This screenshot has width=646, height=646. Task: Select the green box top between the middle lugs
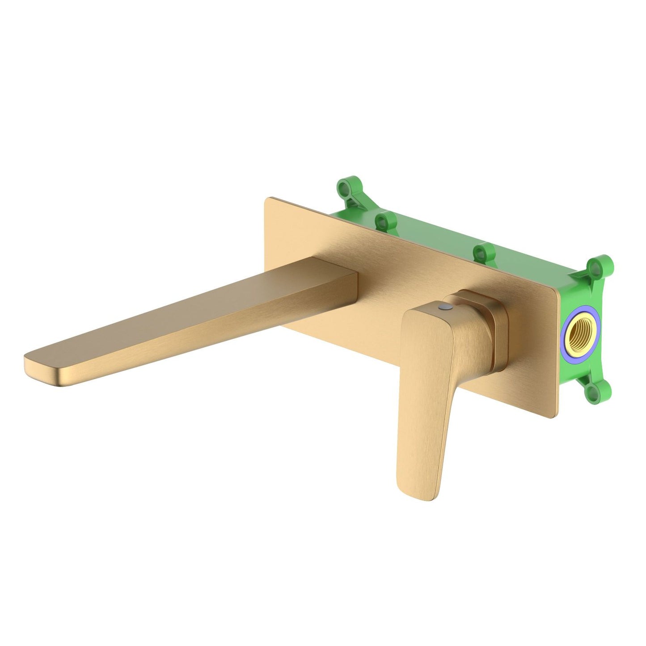[429, 237]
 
